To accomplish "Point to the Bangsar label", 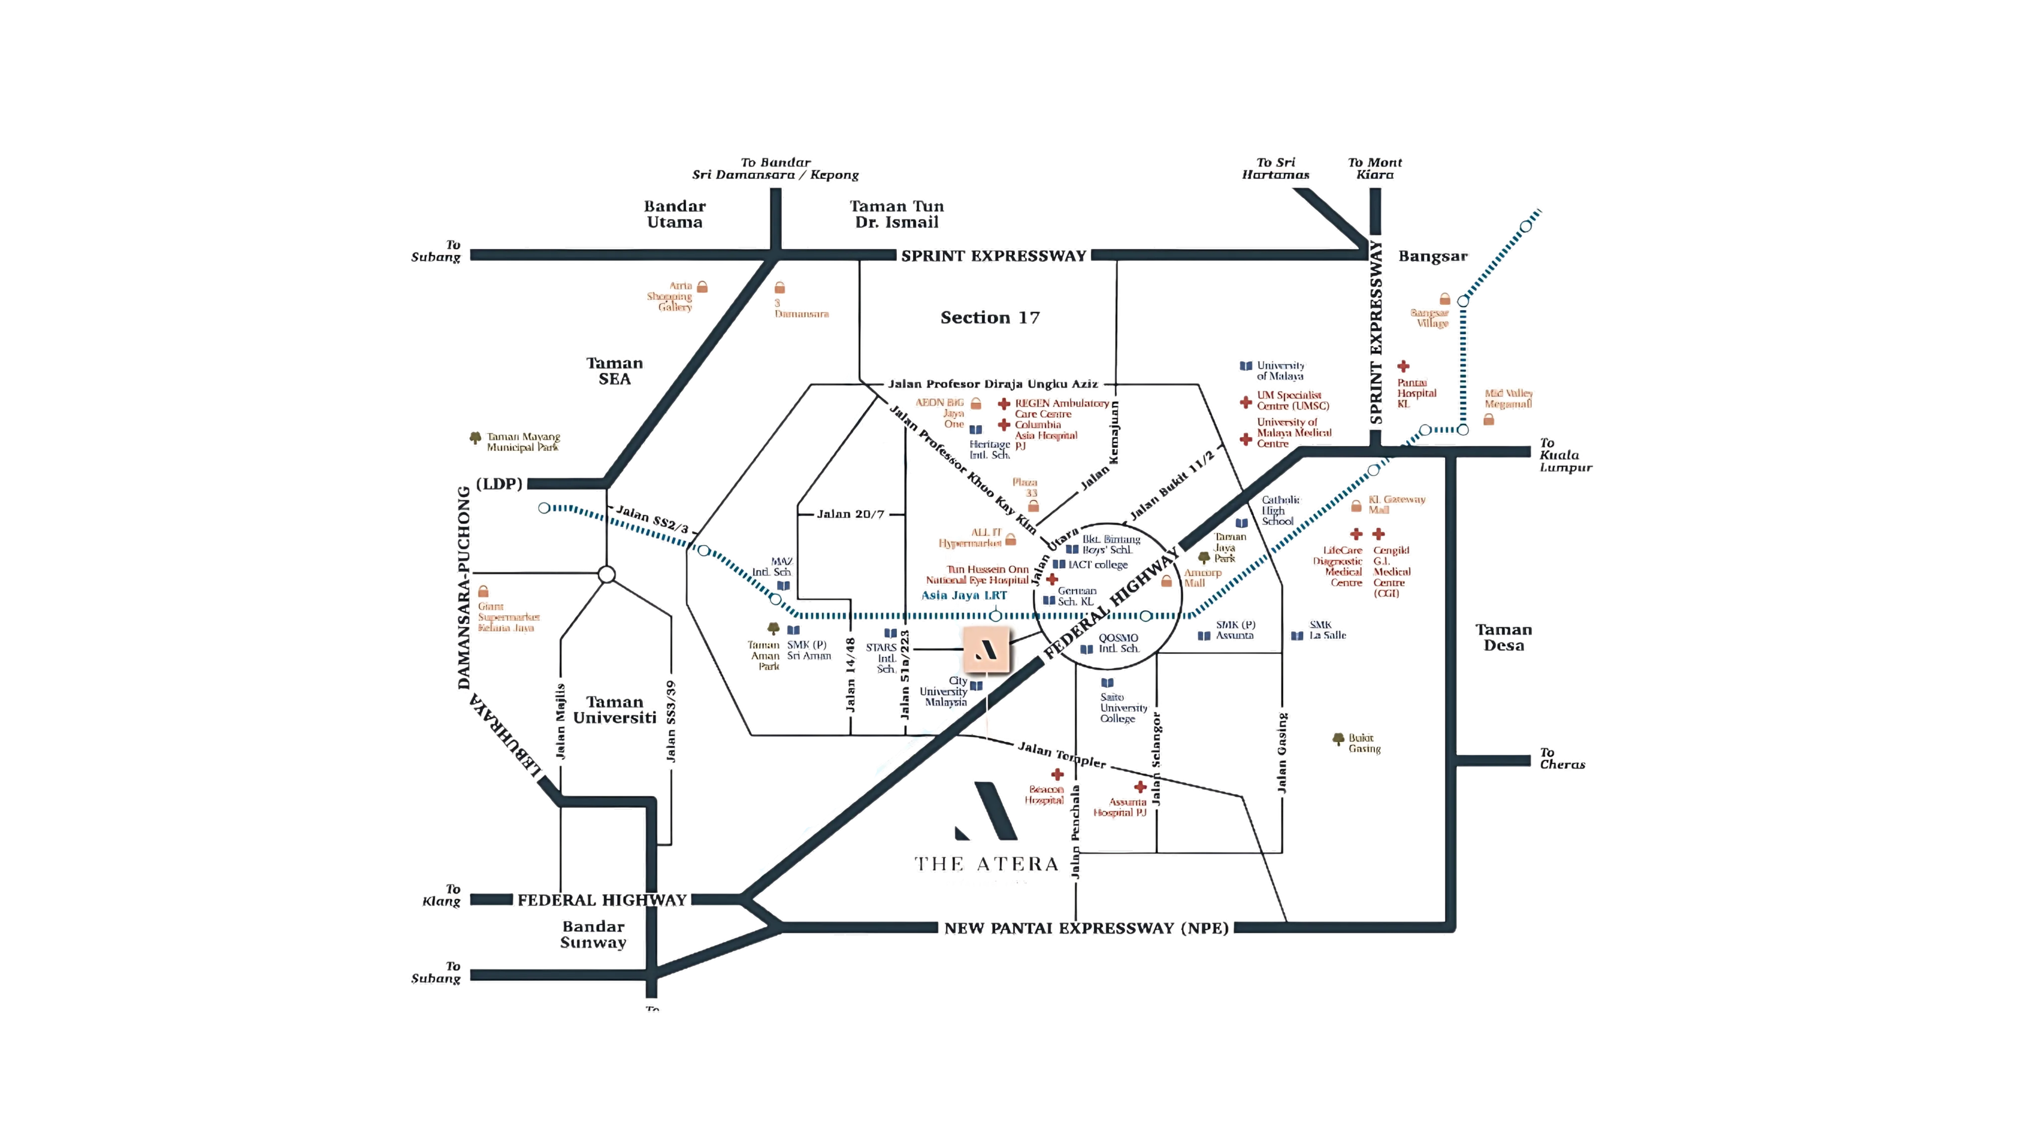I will (1432, 256).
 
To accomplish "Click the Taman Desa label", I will (1503, 637).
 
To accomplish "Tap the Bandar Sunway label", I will (593, 934).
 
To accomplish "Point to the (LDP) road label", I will (499, 483).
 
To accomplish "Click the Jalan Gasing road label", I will (1282, 753).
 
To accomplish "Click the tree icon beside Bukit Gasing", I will (1337, 739).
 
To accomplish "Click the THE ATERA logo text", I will (986, 863).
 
